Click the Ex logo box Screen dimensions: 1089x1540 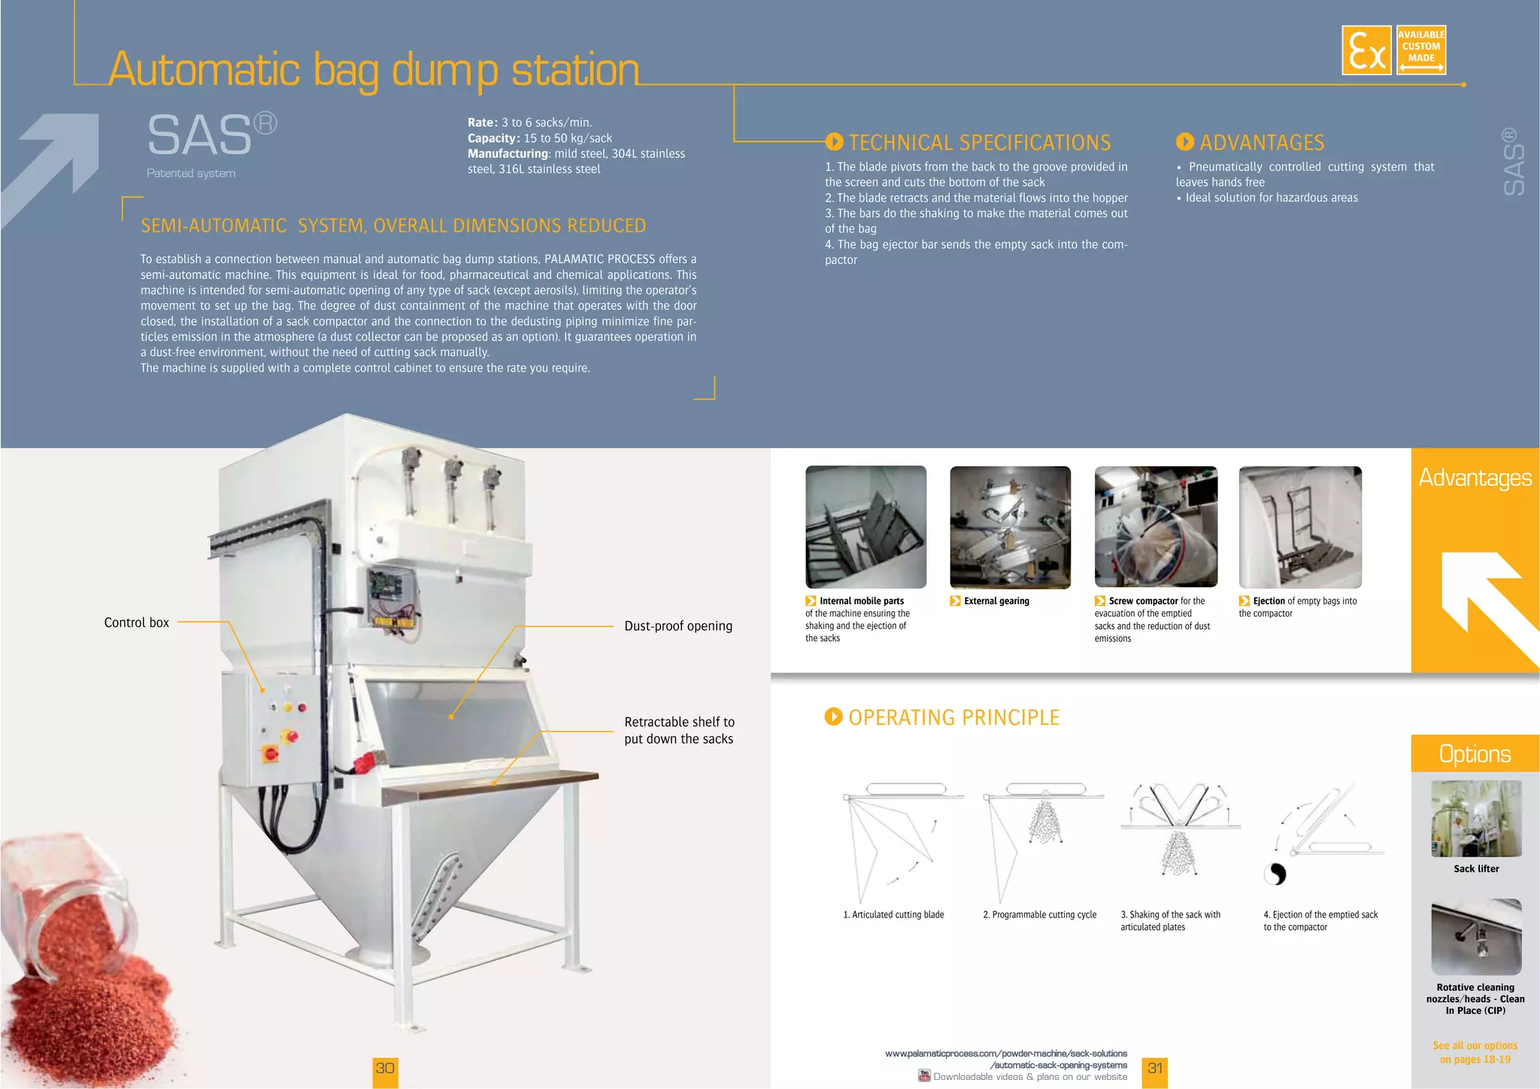click(x=1366, y=50)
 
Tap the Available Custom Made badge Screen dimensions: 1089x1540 click(x=1420, y=50)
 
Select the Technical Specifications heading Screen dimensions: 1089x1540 click(x=978, y=142)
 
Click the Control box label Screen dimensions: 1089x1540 click(x=136, y=623)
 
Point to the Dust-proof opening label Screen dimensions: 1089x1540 click(x=678, y=626)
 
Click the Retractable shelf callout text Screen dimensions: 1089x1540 click(x=679, y=730)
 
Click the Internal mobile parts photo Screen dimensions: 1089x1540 click(x=865, y=526)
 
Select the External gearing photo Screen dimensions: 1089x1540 click(x=1010, y=526)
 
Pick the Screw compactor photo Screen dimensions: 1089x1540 click(x=1155, y=526)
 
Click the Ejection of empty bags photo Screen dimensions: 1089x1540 click(x=1299, y=526)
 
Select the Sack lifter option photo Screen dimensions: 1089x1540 click(x=1475, y=819)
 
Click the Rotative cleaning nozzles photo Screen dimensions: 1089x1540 click(x=1475, y=937)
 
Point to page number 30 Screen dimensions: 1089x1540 click(x=385, y=1069)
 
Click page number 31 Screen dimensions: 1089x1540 click(x=1155, y=1069)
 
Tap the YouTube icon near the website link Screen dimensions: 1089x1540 click(x=924, y=1075)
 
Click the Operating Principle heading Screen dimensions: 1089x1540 click(x=953, y=717)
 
